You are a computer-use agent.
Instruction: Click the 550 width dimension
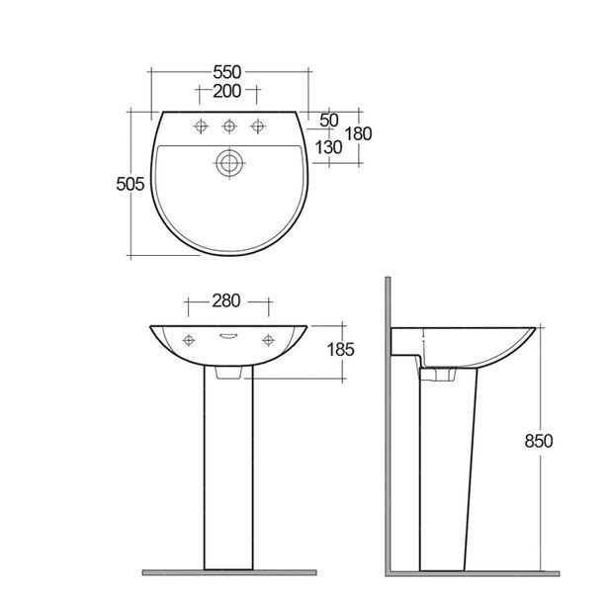(227, 72)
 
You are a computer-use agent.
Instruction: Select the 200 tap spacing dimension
(227, 91)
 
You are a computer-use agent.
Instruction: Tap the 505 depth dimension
(131, 184)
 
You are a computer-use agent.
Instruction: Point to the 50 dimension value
(329, 121)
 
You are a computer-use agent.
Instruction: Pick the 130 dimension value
(328, 147)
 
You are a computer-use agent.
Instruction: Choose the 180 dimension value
(359, 133)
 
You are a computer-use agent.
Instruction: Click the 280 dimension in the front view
(226, 300)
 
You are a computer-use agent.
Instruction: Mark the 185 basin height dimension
(340, 350)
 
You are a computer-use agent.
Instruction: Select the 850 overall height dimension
(539, 441)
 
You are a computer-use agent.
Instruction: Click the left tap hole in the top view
(201, 126)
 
